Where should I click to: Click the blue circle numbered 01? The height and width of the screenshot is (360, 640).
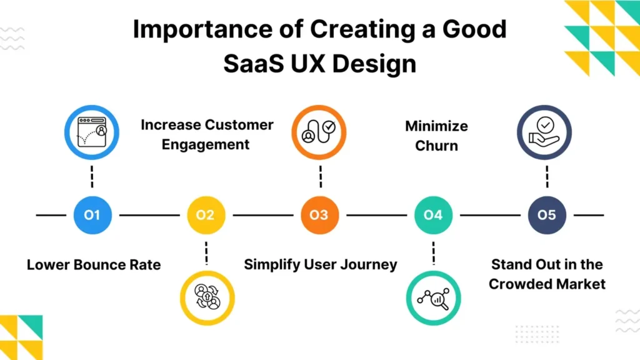[x=92, y=215]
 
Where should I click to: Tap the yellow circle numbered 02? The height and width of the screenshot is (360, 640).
[x=205, y=215]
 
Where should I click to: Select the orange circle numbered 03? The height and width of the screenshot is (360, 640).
[x=319, y=215]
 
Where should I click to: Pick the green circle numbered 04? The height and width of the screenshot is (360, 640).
[x=432, y=215]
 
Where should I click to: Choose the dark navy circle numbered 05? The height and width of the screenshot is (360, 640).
[x=546, y=215]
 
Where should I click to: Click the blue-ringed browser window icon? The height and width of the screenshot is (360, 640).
[x=92, y=132]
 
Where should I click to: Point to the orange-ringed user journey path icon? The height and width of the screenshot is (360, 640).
[x=319, y=132]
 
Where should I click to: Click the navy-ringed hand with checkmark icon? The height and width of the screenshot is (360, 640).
[x=545, y=132]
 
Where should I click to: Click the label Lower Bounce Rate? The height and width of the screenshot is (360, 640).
[x=94, y=265]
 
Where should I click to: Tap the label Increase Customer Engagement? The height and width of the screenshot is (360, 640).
[x=207, y=134]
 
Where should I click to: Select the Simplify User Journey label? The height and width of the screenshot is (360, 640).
[x=320, y=264]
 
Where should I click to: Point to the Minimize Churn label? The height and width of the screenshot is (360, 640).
[x=436, y=136]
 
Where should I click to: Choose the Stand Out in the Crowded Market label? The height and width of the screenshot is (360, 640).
[x=547, y=274]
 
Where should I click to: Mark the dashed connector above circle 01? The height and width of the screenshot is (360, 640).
[x=92, y=176]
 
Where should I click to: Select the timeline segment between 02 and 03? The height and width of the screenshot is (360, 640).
[x=262, y=215]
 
